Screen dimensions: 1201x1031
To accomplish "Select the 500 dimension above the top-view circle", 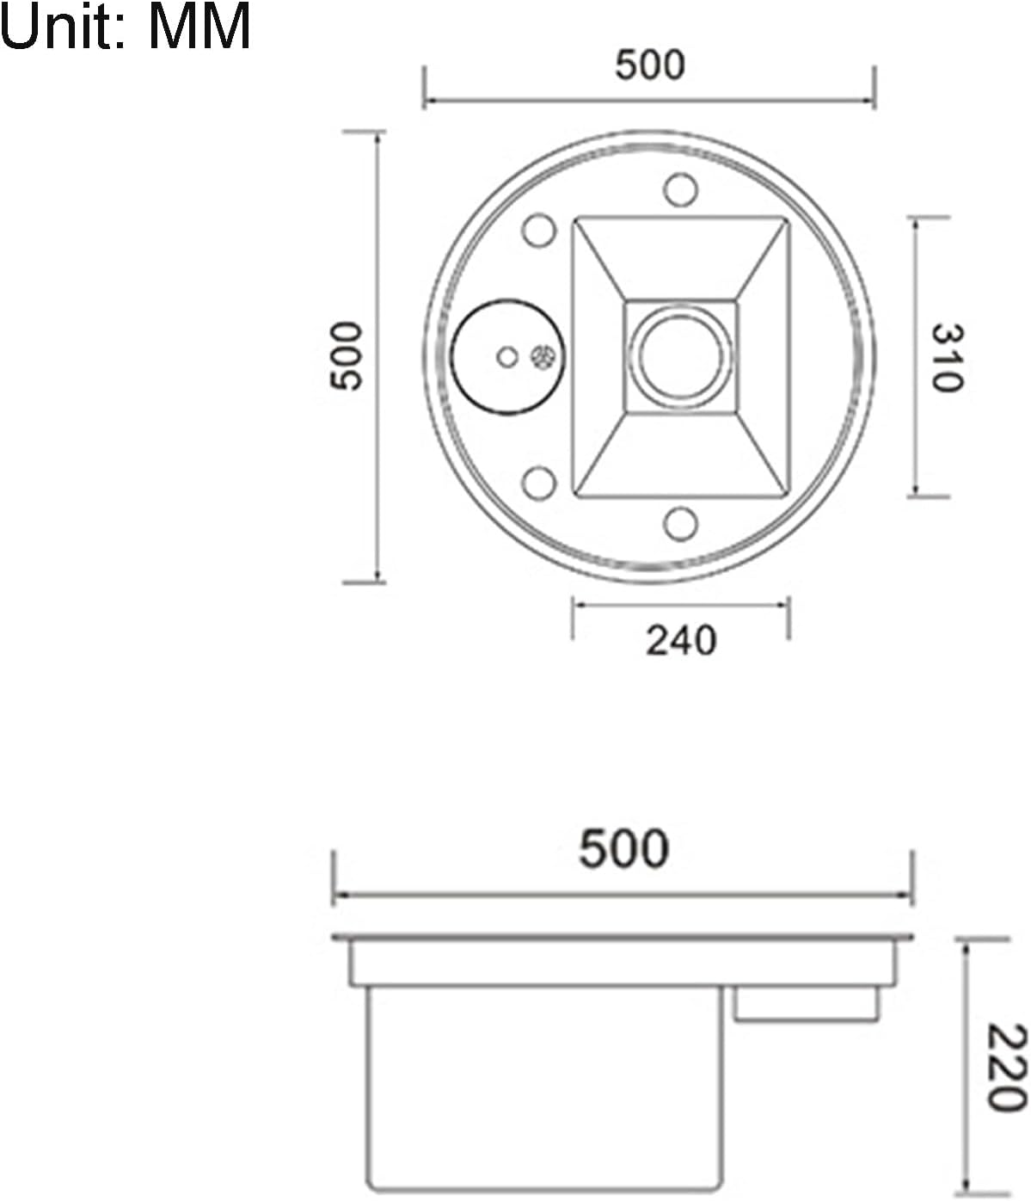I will [650, 65].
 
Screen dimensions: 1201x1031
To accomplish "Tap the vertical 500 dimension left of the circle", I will [347, 356].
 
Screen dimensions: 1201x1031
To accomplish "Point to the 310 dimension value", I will [947, 357].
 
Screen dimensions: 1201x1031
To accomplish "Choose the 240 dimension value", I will [680, 641].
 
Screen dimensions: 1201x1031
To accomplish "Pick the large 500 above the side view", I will [623, 848].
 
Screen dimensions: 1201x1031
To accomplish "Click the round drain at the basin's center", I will [680, 357].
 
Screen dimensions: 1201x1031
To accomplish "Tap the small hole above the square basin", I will [680, 189].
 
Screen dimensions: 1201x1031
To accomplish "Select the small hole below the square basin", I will [680, 523].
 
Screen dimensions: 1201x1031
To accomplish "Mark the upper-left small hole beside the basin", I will [539, 231].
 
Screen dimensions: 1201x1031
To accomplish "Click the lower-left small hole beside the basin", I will [539, 483].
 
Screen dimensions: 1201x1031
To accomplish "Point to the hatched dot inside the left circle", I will [543, 356].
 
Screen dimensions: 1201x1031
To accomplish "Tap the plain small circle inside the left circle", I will [508, 356].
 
